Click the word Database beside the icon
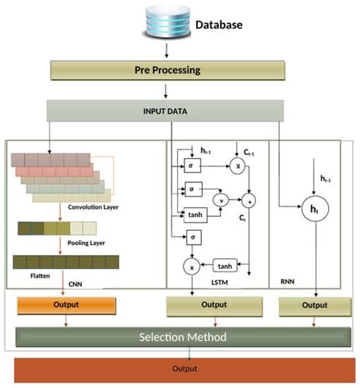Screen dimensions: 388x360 (x=219, y=24)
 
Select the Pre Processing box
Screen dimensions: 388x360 (x=167, y=70)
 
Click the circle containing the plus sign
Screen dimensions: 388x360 (x=248, y=200)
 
